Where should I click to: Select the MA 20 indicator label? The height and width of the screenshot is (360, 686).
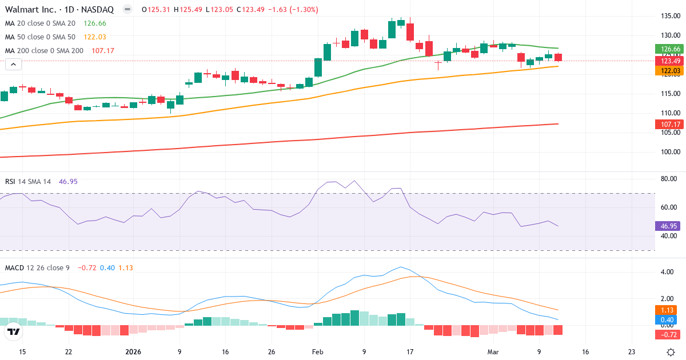point(40,23)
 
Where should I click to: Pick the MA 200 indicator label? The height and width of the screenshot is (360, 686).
point(44,51)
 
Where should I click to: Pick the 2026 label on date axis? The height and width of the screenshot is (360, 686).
point(133,352)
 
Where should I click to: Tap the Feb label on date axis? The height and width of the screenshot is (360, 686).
point(317,352)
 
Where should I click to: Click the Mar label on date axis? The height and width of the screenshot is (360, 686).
point(493,352)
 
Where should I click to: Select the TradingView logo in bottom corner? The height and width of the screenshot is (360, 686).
point(14,331)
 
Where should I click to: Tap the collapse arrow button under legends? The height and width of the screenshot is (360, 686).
point(13,65)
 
